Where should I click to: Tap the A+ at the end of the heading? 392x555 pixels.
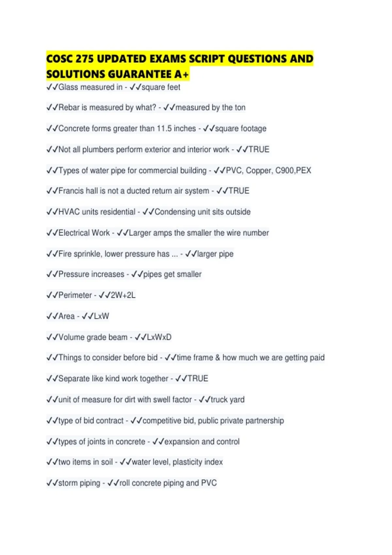182,74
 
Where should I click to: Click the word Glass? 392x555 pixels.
68,87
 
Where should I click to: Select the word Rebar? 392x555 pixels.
69,107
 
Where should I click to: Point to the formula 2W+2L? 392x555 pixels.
123,295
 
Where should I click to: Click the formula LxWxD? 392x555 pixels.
159,337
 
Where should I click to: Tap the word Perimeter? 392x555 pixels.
75,295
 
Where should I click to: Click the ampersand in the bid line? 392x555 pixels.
218,358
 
